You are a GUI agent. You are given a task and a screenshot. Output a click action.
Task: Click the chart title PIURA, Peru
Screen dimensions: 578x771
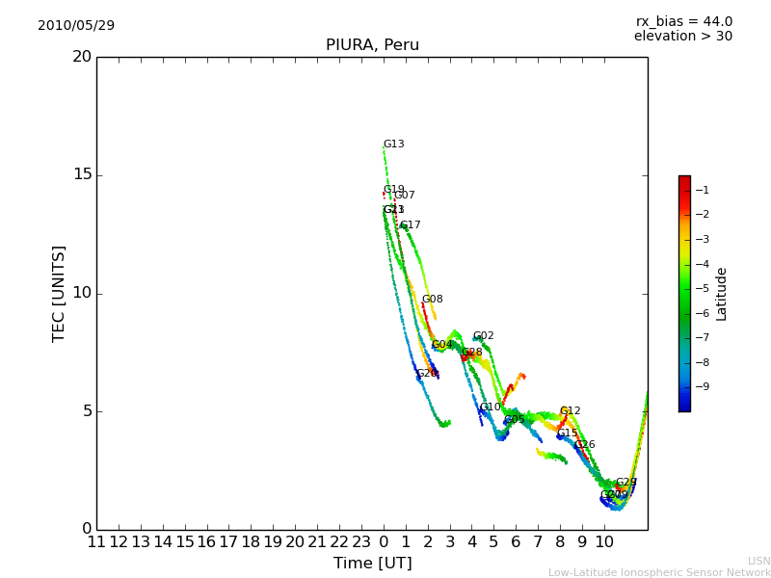(372, 45)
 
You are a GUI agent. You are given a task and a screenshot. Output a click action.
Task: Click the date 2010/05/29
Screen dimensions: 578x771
(76, 25)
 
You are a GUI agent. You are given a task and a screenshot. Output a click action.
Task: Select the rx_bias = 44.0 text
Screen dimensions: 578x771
(683, 21)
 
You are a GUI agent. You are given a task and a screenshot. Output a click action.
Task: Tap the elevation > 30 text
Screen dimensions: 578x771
(682, 37)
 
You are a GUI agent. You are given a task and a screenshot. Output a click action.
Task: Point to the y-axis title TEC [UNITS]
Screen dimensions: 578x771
(60, 293)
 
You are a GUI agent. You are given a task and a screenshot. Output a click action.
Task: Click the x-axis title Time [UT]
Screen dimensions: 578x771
(372, 563)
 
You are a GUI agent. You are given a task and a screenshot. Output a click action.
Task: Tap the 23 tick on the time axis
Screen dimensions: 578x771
(361, 541)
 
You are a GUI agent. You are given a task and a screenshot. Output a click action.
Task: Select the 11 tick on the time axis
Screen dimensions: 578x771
(96, 541)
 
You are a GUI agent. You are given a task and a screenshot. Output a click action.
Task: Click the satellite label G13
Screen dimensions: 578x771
(393, 144)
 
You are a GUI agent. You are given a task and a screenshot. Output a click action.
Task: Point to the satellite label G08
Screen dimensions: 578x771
(432, 300)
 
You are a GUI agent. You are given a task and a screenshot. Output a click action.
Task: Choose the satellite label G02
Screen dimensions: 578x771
(483, 336)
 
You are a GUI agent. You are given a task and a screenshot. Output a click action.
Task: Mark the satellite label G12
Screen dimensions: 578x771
(570, 411)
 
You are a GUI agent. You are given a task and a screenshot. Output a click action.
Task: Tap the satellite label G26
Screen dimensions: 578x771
(584, 445)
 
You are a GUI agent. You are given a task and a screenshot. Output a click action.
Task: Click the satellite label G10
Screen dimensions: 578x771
(490, 407)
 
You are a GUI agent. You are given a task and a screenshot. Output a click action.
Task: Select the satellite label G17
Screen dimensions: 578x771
(410, 225)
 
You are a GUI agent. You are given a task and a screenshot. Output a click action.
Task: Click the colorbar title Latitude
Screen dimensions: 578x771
(721, 293)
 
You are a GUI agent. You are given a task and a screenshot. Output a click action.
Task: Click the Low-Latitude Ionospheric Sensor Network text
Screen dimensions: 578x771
(659, 572)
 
